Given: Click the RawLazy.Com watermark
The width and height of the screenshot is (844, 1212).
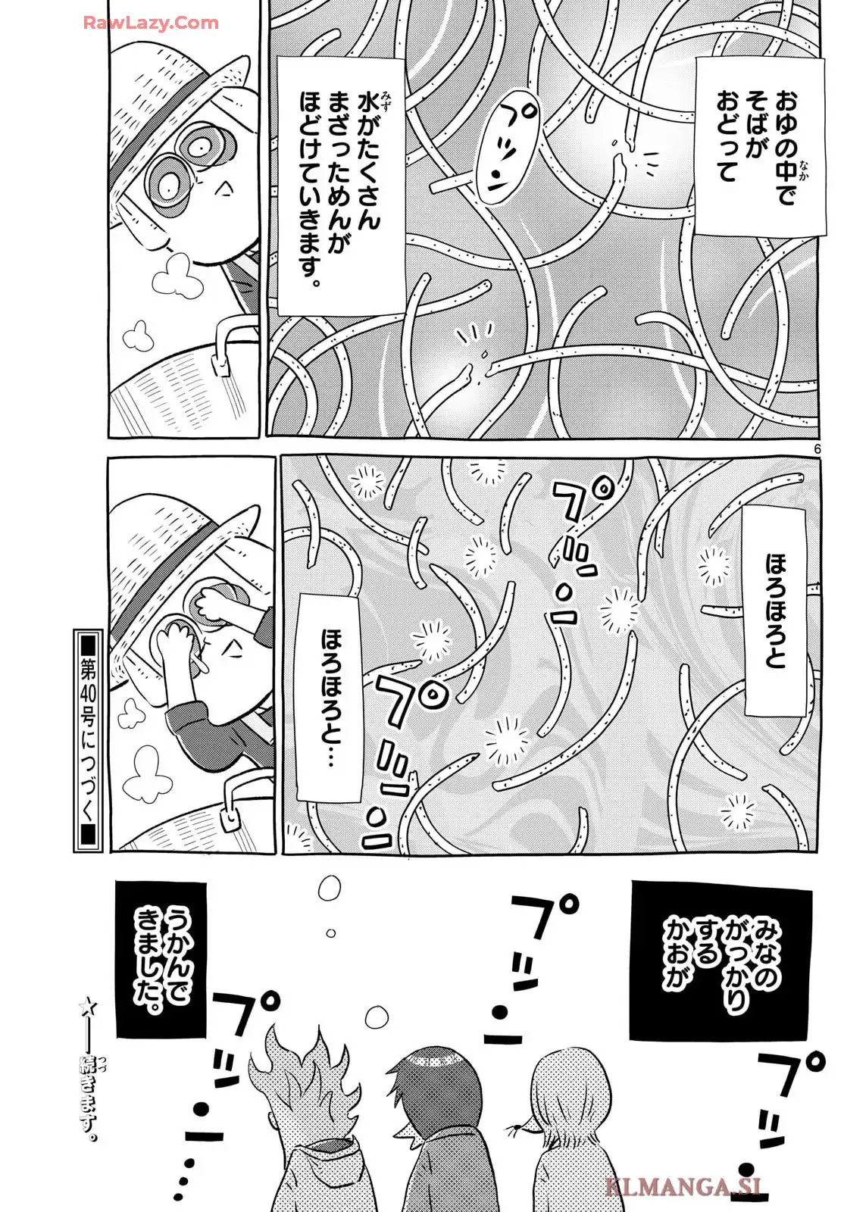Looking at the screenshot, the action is (x=151, y=23).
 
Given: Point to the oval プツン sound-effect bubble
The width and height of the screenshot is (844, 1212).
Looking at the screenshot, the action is (x=507, y=152).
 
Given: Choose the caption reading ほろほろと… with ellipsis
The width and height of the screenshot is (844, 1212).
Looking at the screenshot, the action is (x=330, y=697).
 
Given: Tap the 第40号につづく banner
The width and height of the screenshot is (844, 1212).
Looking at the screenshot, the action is (x=88, y=741).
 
